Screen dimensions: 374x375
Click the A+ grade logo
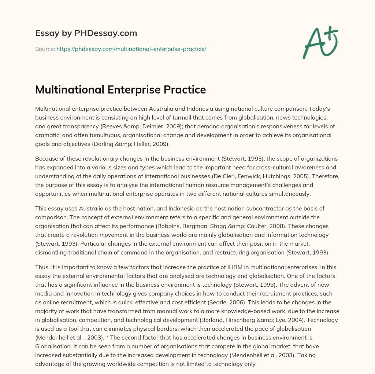coord(320,43)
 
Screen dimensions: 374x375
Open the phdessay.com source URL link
coord(131,49)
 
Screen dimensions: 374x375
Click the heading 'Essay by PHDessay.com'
coord(86,33)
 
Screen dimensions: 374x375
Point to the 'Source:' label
coord(45,49)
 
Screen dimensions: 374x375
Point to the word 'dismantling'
coord(51,252)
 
